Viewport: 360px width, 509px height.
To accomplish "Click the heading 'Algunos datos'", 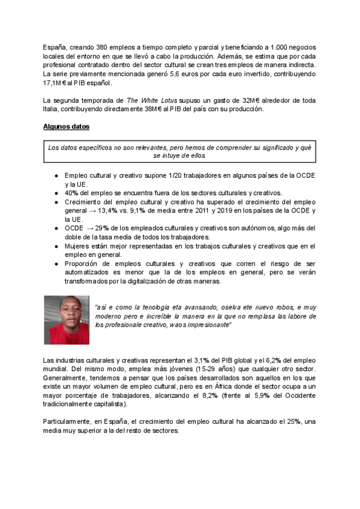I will click(x=65, y=127).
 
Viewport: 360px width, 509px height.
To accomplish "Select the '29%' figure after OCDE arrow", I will click(x=102, y=229).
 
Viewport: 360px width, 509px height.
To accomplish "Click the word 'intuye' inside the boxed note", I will click(x=178, y=155).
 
